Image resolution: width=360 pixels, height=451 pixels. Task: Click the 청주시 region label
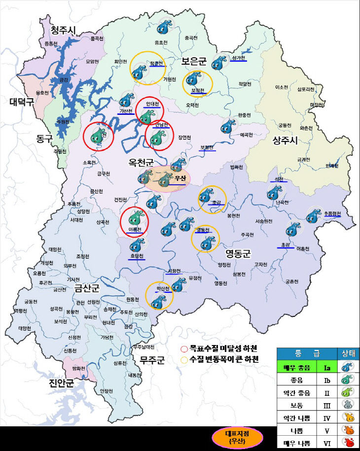click(63, 31)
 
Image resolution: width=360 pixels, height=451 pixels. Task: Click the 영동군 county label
click(238, 254)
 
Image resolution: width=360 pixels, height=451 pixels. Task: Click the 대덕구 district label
click(22, 102)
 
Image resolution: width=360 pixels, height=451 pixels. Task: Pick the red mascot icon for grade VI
click(348, 443)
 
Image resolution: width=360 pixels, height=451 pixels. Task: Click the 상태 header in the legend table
click(348, 354)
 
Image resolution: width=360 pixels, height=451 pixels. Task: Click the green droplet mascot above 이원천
click(135, 217)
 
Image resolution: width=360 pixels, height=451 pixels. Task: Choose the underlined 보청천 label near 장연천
click(208, 147)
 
